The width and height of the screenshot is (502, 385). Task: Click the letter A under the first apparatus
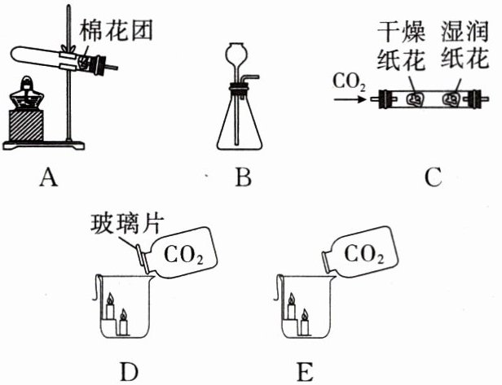click(x=49, y=177)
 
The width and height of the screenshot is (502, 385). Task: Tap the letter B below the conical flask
click(x=243, y=177)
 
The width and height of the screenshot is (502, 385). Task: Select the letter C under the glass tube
click(x=434, y=177)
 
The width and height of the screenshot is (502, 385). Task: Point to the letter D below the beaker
click(x=129, y=371)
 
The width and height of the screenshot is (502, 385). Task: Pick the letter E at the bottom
click(x=305, y=371)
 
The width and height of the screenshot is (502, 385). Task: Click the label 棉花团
click(x=116, y=31)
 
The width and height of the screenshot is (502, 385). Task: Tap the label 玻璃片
click(x=127, y=224)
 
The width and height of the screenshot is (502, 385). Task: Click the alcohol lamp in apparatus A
click(x=26, y=94)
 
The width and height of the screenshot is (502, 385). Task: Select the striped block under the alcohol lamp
click(x=26, y=125)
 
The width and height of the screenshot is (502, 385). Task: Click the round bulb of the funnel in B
click(x=237, y=52)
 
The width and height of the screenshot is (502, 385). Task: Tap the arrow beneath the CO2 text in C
click(x=350, y=100)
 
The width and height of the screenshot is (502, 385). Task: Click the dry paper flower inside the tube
click(x=416, y=99)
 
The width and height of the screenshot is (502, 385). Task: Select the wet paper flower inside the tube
click(x=451, y=99)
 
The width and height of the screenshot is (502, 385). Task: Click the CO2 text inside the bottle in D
click(x=183, y=255)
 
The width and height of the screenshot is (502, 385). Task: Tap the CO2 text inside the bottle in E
click(x=364, y=254)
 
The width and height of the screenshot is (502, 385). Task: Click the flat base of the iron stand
click(x=43, y=146)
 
